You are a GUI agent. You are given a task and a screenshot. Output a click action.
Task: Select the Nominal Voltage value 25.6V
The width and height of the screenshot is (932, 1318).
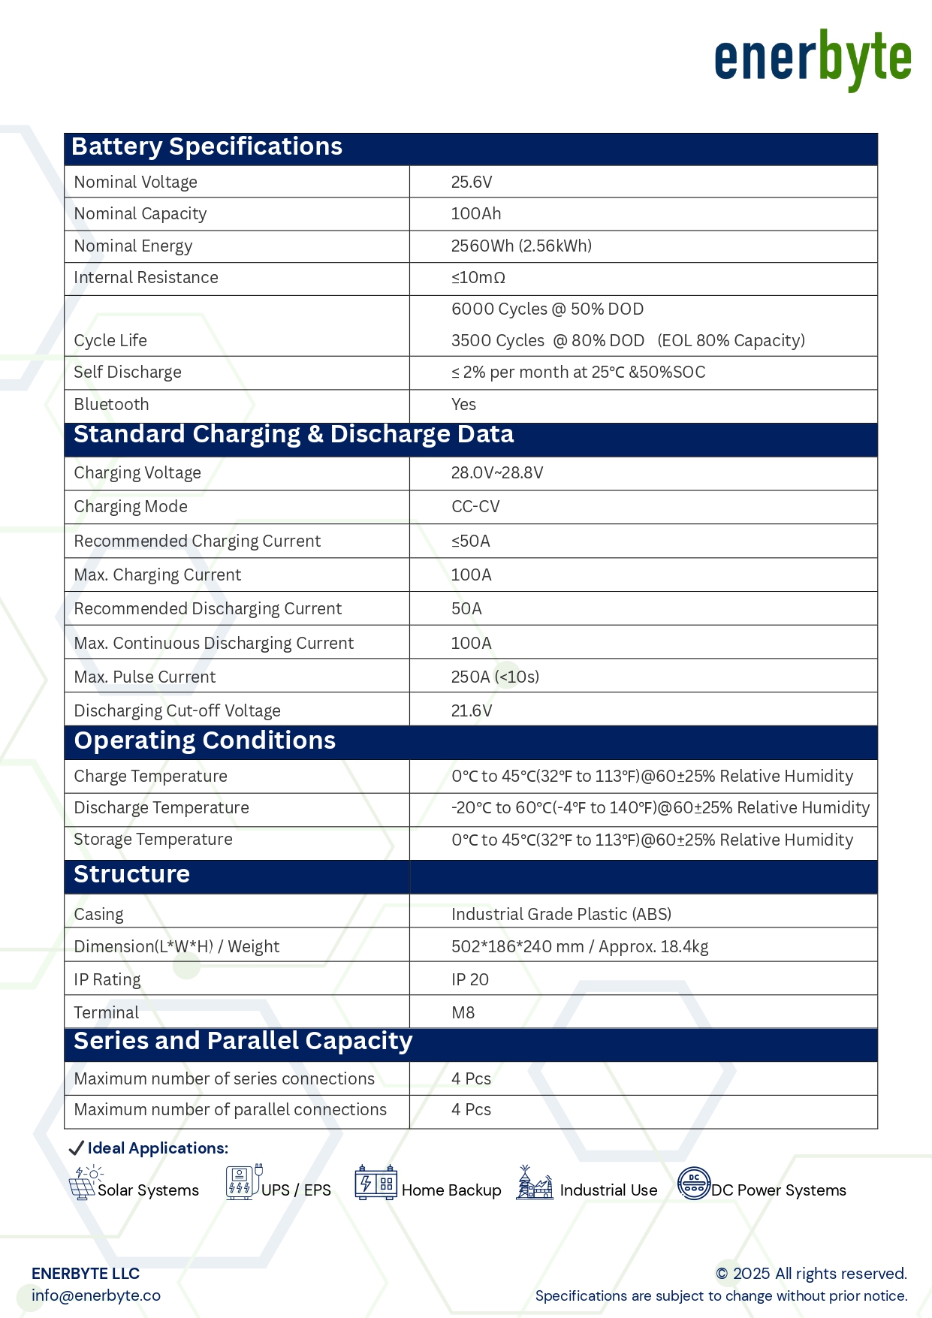coord(472,182)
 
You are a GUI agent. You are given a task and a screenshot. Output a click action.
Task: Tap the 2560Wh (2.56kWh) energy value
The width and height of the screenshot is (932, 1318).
coord(521,246)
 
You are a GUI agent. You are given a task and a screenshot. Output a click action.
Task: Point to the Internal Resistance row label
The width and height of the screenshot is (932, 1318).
coord(146,278)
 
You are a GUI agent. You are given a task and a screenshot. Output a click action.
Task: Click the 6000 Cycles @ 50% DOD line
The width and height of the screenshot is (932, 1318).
coord(547,309)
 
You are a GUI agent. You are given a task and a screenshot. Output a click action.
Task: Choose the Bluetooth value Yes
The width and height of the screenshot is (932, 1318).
coord(463,405)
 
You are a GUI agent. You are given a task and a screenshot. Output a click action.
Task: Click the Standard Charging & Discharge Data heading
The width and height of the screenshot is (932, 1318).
coord(294,435)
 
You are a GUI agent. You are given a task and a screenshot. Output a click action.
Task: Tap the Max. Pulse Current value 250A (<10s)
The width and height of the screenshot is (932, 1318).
coord(495,677)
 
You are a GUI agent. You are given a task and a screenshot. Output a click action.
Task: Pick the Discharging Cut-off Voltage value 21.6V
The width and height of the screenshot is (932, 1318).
coord(472,711)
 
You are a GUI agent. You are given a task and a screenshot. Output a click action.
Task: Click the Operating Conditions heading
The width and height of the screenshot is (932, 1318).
coord(204,741)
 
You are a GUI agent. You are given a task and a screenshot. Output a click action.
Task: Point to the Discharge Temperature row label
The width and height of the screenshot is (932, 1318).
coord(161,808)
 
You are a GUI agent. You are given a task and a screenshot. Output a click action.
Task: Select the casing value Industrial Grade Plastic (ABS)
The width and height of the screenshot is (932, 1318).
coord(561,915)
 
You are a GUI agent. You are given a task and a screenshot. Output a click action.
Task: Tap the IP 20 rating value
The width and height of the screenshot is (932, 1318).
coord(470,980)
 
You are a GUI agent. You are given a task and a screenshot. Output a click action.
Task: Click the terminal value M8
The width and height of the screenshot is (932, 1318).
coord(463,1013)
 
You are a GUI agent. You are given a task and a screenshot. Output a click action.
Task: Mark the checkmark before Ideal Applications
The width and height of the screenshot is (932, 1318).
coord(76,1148)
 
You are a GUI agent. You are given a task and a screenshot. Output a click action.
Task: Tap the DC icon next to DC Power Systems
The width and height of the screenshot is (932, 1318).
coord(694,1184)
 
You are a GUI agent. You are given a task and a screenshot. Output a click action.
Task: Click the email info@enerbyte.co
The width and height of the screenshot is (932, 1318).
coord(96,1295)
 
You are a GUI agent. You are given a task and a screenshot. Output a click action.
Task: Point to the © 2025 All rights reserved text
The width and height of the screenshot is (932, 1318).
coord(811,1274)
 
